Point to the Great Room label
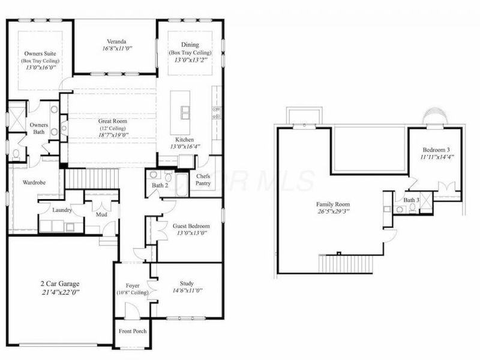point(113,121)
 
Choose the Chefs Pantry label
point(203,179)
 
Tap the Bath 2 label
point(160,186)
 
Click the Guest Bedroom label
point(190,226)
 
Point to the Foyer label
point(132,286)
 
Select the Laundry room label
point(62,211)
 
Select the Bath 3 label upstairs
point(410,200)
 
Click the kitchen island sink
point(183,112)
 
